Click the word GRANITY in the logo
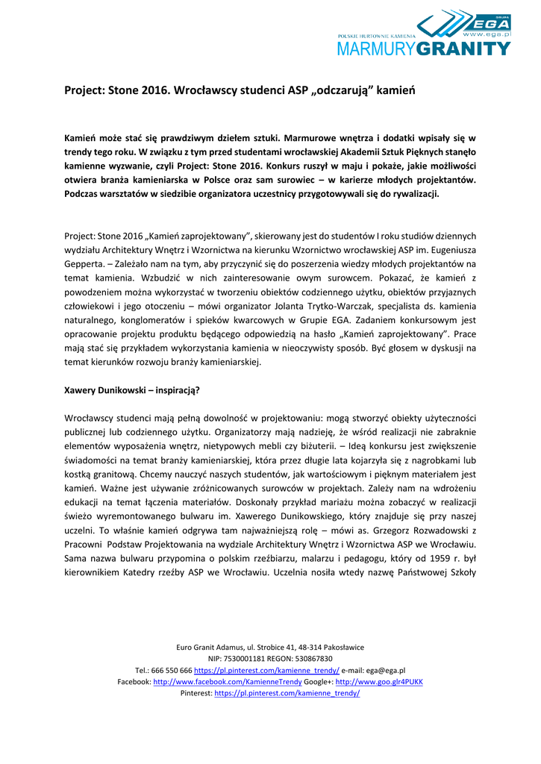coord(466,48)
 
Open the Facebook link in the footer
coord(228,682)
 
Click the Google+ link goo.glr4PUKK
coord(379,682)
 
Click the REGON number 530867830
coord(308,659)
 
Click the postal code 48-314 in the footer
coord(313,647)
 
